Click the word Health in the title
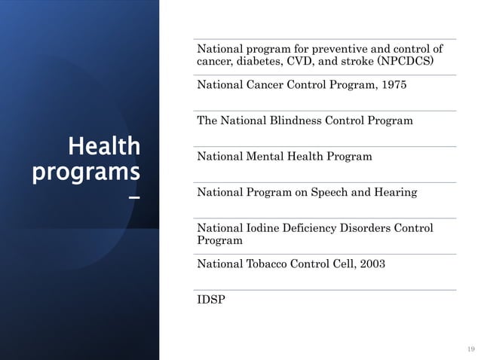pos(103,145)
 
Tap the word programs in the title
pos(86,172)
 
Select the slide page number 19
pos(471,349)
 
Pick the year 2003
pos(370,264)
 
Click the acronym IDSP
pos(210,300)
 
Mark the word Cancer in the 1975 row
pos(263,85)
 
